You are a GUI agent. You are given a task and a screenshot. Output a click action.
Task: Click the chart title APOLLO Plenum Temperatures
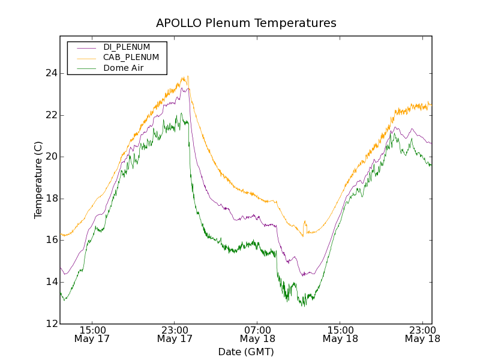(x=246, y=23)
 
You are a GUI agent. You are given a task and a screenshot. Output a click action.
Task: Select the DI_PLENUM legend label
(x=127, y=47)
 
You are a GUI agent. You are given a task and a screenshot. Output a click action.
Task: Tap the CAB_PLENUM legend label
(x=131, y=58)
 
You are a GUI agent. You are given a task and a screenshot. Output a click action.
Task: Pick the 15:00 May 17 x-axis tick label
(x=92, y=334)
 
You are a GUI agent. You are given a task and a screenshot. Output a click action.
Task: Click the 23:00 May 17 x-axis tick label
(x=175, y=334)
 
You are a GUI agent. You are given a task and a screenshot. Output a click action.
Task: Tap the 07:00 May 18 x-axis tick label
(x=257, y=334)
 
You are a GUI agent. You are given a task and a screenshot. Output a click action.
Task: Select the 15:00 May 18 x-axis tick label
(x=340, y=334)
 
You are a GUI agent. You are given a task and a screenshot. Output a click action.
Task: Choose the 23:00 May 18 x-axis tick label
(x=422, y=334)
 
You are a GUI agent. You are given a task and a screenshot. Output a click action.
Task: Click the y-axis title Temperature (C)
(x=38, y=180)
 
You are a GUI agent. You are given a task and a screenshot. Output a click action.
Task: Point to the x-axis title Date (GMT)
(x=246, y=352)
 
